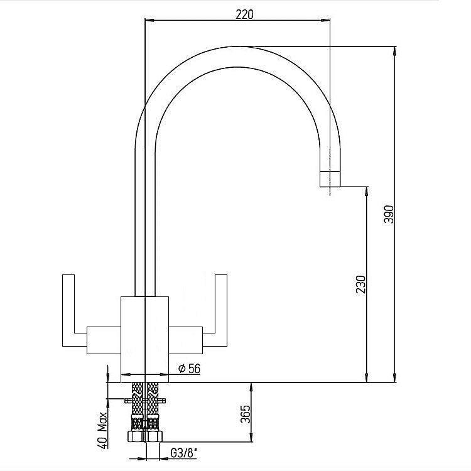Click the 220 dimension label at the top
coord(244,14)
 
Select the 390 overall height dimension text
coord(387,215)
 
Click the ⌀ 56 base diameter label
coord(188,369)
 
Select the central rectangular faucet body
coord(145,336)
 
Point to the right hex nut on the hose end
coord(154,436)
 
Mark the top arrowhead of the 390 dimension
coord(394,50)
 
